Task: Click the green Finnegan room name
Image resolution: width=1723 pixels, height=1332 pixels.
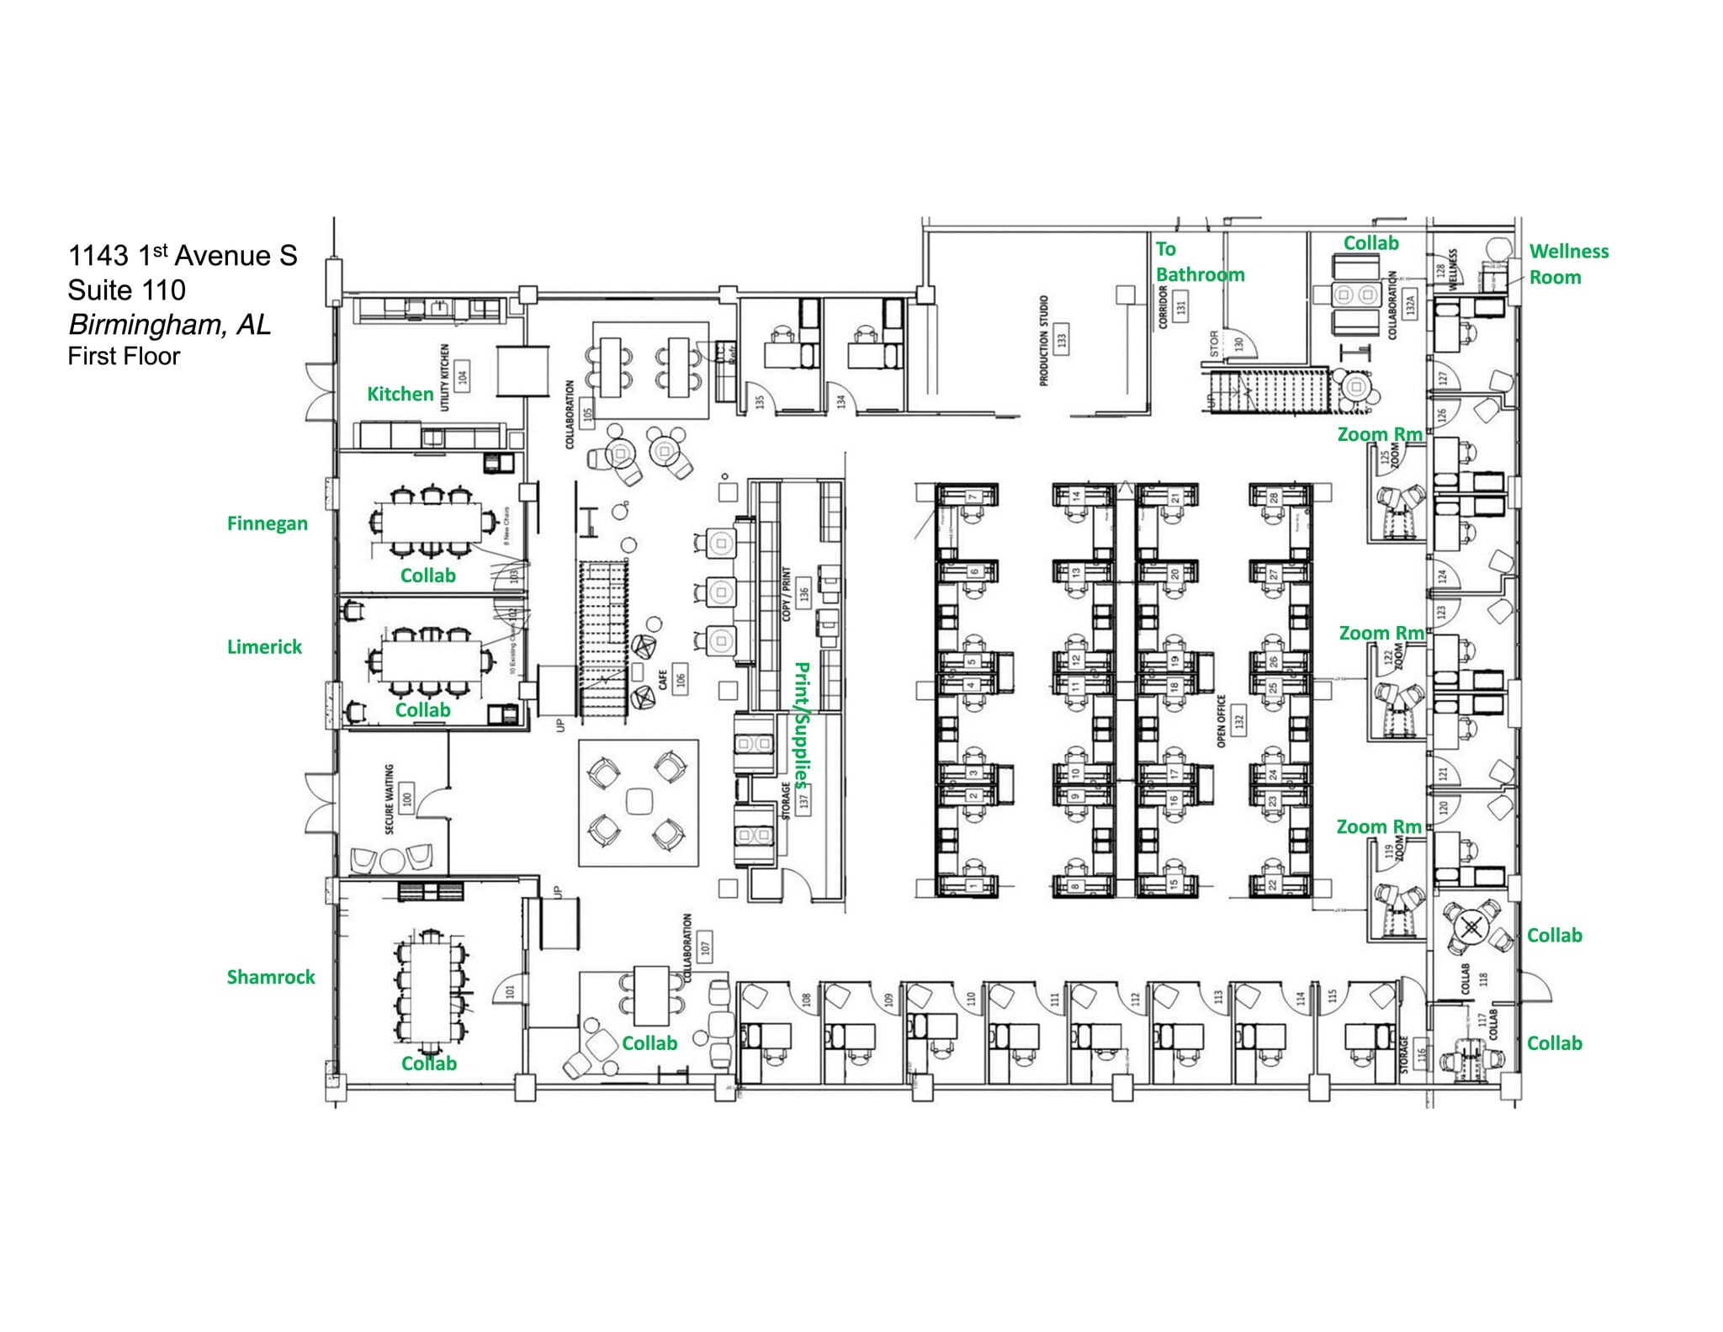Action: tap(267, 523)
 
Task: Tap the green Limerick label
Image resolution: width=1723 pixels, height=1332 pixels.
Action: tap(264, 646)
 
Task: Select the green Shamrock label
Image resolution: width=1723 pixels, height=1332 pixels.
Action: tap(270, 977)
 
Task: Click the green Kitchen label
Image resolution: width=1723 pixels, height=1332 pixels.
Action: tap(400, 394)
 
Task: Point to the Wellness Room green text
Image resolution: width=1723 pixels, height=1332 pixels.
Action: tap(1568, 263)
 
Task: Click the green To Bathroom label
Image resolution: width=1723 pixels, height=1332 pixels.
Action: tap(1199, 262)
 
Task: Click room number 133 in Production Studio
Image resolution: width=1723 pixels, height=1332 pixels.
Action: tap(1062, 340)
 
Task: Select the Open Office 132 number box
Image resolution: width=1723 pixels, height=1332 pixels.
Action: tap(1238, 721)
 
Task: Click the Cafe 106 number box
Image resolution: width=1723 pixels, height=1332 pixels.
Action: tap(681, 678)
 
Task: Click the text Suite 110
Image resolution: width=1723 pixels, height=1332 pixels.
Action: tap(126, 290)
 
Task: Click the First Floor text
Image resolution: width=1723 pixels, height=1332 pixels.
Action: tap(124, 356)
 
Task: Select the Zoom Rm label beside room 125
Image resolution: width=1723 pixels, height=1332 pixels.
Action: tap(1379, 434)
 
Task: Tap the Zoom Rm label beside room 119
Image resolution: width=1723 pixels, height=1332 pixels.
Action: tap(1378, 826)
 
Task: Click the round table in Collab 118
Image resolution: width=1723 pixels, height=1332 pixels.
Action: tap(1470, 928)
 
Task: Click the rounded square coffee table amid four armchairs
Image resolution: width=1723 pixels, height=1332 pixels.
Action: tap(639, 802)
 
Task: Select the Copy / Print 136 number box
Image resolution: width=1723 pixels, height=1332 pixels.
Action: tap(804, 592)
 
